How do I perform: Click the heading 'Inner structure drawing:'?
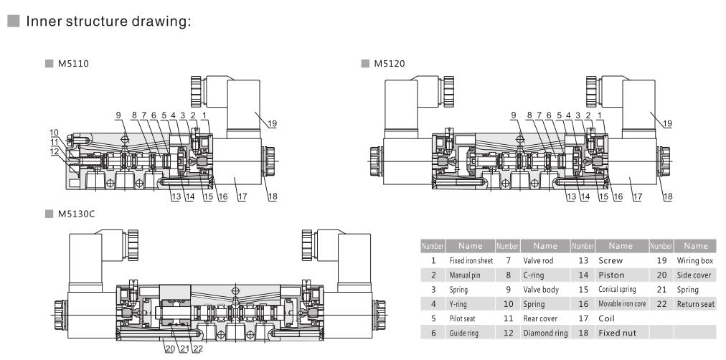point(108,22)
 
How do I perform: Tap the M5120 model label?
point(390,63)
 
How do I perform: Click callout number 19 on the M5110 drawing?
point(272,123)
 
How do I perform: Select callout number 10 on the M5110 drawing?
point(54,133)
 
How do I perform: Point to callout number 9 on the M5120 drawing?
point(513,115)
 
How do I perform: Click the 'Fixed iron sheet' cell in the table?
point(471,261)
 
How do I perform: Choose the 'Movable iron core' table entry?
point(621,303)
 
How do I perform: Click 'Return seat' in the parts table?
point(695,304)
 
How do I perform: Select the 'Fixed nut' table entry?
point(617,332)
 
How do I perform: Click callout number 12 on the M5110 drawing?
point(54,151)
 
